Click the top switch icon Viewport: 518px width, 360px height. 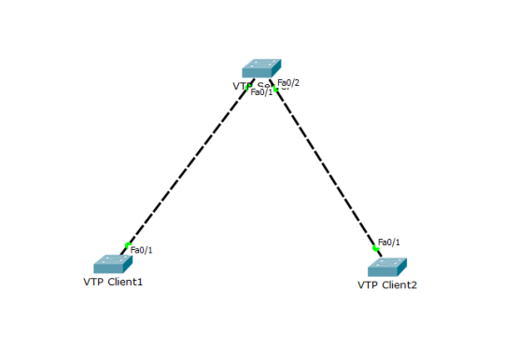(x=261, y=69)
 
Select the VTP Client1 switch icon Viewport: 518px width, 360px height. (x=113, y=264)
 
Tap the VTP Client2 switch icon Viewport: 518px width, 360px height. (x=387, y=266)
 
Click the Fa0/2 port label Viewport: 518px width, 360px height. (x=288, y=83)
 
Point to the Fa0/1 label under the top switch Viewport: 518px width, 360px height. (x=261, y=92)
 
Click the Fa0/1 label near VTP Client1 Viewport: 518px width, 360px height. (x=141, y=250)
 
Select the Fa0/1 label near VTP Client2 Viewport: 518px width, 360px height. (x=388, y=242)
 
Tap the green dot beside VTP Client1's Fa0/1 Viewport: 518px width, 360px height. (x=127, y=245)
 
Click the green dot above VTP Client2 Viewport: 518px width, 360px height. (x=375, y=249)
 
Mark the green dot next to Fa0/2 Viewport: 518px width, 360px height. (x=276, y=90)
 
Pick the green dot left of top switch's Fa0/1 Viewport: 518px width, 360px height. (x=249, y=87)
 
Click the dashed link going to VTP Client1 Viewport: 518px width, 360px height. (x=187, y=168)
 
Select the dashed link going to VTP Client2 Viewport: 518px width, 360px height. (x=327, y=168)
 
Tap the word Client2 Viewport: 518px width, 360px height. (x=399, y=284)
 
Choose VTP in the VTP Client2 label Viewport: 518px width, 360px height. (x=367, y=284)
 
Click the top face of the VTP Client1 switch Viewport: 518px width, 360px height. (x=113, y=260)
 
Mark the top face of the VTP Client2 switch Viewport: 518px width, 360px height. (x=387, y=262)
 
